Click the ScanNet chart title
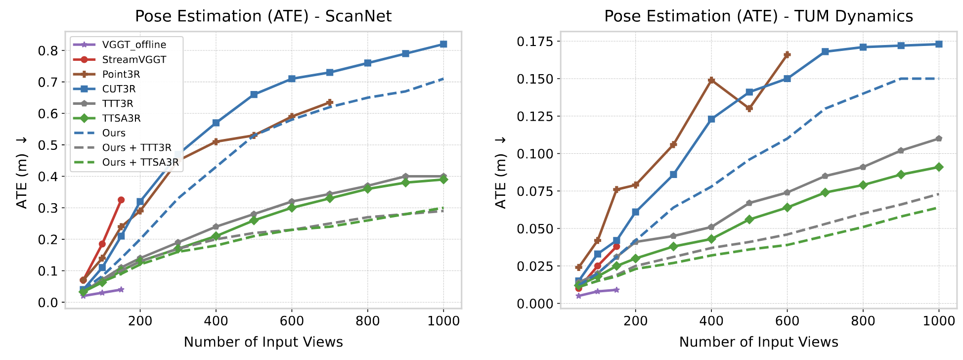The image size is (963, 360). (x=263, y=16)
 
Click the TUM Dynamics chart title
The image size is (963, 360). (x=758, y=16)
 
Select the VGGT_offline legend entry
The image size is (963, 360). (x=133, y=45)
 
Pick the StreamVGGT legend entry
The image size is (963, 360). (x=133, y=59)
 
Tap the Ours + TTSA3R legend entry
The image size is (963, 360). (x=140, y=162)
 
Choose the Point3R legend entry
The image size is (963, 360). (x=121, y=74)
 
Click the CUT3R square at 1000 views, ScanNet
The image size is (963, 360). (x=443, y=44)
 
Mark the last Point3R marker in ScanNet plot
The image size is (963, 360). (x=330, y=102)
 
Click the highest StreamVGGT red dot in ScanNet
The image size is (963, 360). (x=121, y=200)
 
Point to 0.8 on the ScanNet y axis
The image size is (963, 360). (x=48, y=51)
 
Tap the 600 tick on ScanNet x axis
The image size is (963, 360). (x=292, y=321)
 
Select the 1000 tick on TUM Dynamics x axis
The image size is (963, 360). (x=939, y=321)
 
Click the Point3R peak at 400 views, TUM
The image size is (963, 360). (x=711, y=80)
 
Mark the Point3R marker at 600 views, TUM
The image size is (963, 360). (x=787, y=54)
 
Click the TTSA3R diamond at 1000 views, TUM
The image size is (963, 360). (x=939, y=167)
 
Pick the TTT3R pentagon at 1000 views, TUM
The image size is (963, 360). (x=939, y=138)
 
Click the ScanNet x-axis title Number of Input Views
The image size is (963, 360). (x=263, y=342)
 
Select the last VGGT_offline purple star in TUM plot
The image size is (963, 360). (x=616, y=290)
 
